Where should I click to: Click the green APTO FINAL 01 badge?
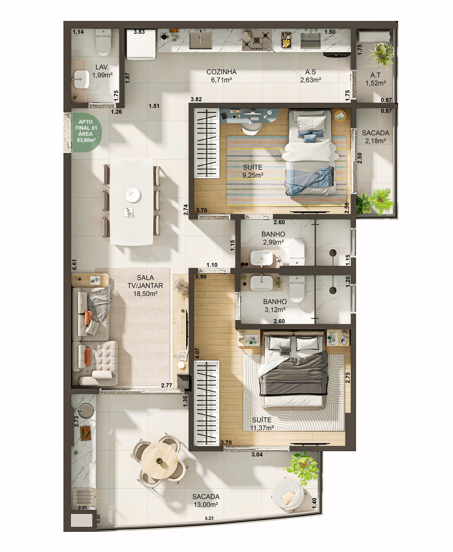click(86, 132)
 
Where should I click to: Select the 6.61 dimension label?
click(75, 265)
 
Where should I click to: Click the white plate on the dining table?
click(133, 194)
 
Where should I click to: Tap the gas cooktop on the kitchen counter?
click(257, 40)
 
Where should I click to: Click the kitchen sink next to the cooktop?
click(200, 41)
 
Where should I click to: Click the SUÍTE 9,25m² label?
click(253, 171)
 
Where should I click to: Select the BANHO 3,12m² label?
click(275, 306)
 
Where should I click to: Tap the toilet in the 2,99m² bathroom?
click(297, 252)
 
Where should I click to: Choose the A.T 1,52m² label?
click(376, 79)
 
